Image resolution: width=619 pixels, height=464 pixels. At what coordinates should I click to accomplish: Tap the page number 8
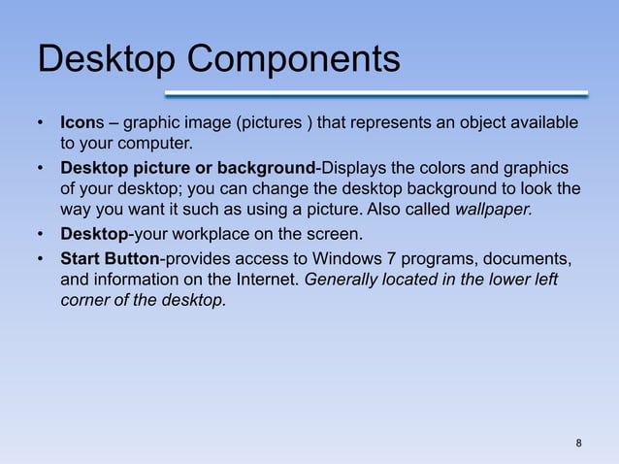point(579,445)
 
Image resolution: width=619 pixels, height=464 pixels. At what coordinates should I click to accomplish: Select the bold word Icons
point(80,124)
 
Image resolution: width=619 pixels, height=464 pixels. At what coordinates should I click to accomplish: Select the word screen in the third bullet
point(337,236)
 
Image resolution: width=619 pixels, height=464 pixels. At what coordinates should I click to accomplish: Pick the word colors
point(439,169)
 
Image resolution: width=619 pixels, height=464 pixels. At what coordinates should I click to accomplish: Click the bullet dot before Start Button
point(42,259)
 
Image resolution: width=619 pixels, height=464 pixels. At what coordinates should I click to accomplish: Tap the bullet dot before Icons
point(42,124)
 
